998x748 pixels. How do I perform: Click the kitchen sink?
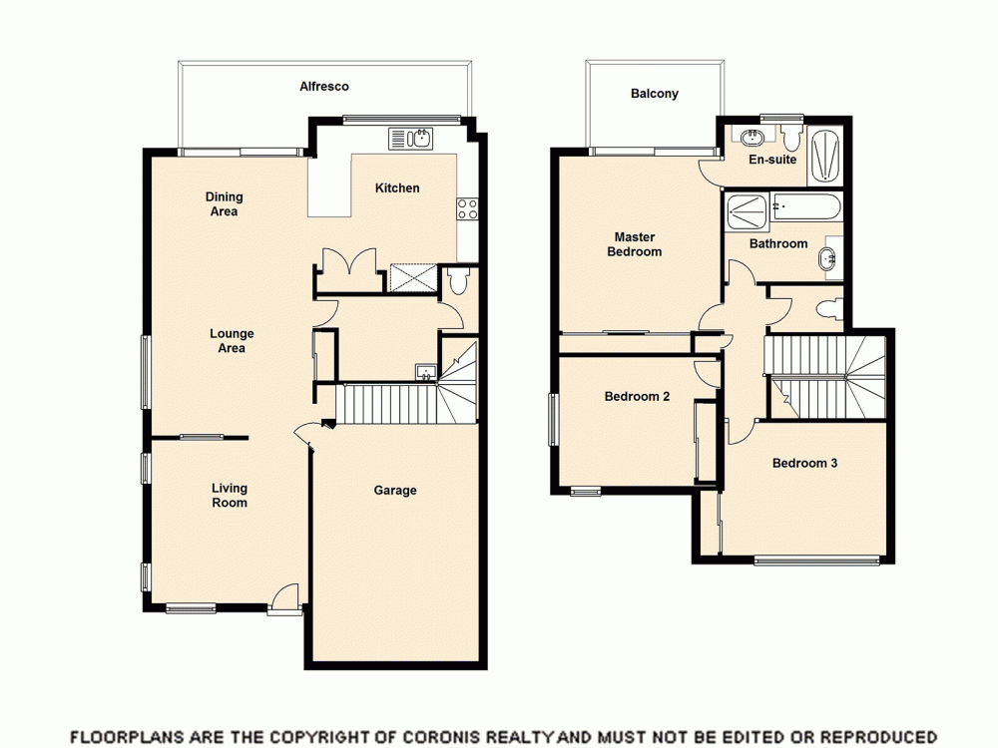click(x=410, y=139)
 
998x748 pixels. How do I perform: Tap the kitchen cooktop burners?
click(x=467, y=208)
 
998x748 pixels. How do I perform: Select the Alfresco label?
click(x=324, y=87)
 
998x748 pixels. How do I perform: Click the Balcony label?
click(x=655, y=94)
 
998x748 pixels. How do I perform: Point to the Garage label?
click(x=395, y=491)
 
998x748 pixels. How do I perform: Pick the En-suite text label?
click(x=772, y=160)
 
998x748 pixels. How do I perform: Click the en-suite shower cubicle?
click(x=823, y=156)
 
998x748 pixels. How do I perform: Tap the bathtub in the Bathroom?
click(x=806, y=207)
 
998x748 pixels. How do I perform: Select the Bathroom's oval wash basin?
click(x=828, y=261)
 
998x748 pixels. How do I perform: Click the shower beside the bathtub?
click(x=746, y=210)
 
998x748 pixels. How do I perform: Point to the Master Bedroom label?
click(x=635, y=244)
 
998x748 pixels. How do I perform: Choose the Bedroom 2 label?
click(x=637, y=396)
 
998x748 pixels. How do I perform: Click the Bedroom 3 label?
click(x=804, y=463)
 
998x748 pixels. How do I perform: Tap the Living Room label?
click(x=230, y=496)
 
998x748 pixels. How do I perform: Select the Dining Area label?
click(x=225, y=204)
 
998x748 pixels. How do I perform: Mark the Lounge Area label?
click(x=232, y=341)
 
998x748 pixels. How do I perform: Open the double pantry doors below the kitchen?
click(x=348, y=269)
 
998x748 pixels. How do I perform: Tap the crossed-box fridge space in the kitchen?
click(x=412, y=276)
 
